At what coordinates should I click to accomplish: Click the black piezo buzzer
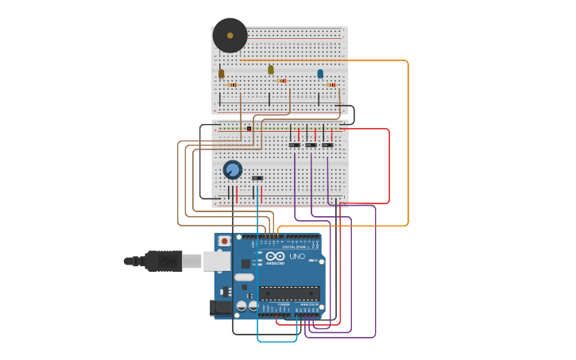click(230, 36)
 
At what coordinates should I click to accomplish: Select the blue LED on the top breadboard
click(320, 74)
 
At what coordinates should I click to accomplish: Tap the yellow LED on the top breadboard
click(271, 70)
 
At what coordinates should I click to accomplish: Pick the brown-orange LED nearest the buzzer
click(222, 74)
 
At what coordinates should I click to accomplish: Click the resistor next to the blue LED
click(331, 84)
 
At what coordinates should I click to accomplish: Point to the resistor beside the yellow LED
click(281, 80)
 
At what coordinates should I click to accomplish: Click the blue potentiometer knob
click(232, 170)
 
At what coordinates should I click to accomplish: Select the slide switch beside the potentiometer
click(257, 178)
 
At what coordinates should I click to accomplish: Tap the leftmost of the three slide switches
click(294, 145)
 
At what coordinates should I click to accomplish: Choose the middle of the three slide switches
click(311, 145)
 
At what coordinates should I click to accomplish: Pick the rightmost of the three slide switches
click(327, 145)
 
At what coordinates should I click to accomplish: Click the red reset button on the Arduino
click(225, 241)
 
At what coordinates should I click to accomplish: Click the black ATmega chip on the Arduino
click(289, 293)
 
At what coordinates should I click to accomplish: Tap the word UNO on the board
click(296, 257)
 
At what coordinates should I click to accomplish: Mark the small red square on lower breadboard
click(249, 128)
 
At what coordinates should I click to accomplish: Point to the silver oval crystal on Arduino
click(244, 277)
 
